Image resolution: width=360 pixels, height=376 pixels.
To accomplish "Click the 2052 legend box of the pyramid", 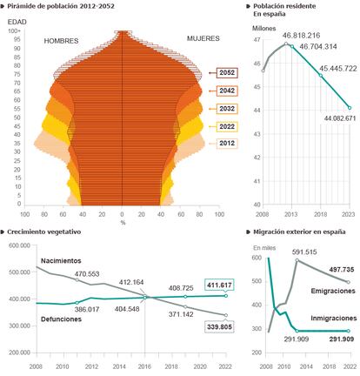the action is [x=227, y=72].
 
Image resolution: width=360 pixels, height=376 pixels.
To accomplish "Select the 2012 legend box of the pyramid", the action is [x=227, y=144].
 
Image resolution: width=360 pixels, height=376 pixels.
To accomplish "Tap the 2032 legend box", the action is [x=227, y=109].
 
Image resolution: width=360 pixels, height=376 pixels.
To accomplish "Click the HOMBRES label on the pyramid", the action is [x=61, y=41].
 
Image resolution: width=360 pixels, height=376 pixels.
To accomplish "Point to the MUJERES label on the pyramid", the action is [x=203, y=38].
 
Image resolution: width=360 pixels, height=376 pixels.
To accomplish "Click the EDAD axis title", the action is [x=17, y=22].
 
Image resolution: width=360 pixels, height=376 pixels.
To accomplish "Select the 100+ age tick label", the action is [x=15, y=31].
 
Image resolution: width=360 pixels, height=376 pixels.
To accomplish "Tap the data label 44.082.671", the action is [x=340, y=118].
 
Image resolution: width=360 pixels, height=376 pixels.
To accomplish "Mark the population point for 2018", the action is [x=321, y=76].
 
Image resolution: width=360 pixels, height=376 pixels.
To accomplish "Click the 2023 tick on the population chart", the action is [x=348, y=214].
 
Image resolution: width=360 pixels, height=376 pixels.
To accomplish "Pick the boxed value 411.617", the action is [x=219, y=285].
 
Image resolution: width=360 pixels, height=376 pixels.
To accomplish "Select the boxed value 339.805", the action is [x=219, y=327].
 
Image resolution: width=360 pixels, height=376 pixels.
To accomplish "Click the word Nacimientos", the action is [x=61, y=261].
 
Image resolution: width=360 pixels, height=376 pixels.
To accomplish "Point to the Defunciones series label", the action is [x=61, y=319].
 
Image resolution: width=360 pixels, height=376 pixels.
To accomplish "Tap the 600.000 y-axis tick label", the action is [x=20, y=245].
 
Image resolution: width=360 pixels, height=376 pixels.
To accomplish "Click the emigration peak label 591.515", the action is [x=304, y=252].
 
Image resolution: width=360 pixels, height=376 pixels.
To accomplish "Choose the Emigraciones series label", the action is [x=333, y=291].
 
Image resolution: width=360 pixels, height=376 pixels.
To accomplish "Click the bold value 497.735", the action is [x=342, y=270].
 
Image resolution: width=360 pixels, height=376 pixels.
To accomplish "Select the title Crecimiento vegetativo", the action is [x=44, y=232].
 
